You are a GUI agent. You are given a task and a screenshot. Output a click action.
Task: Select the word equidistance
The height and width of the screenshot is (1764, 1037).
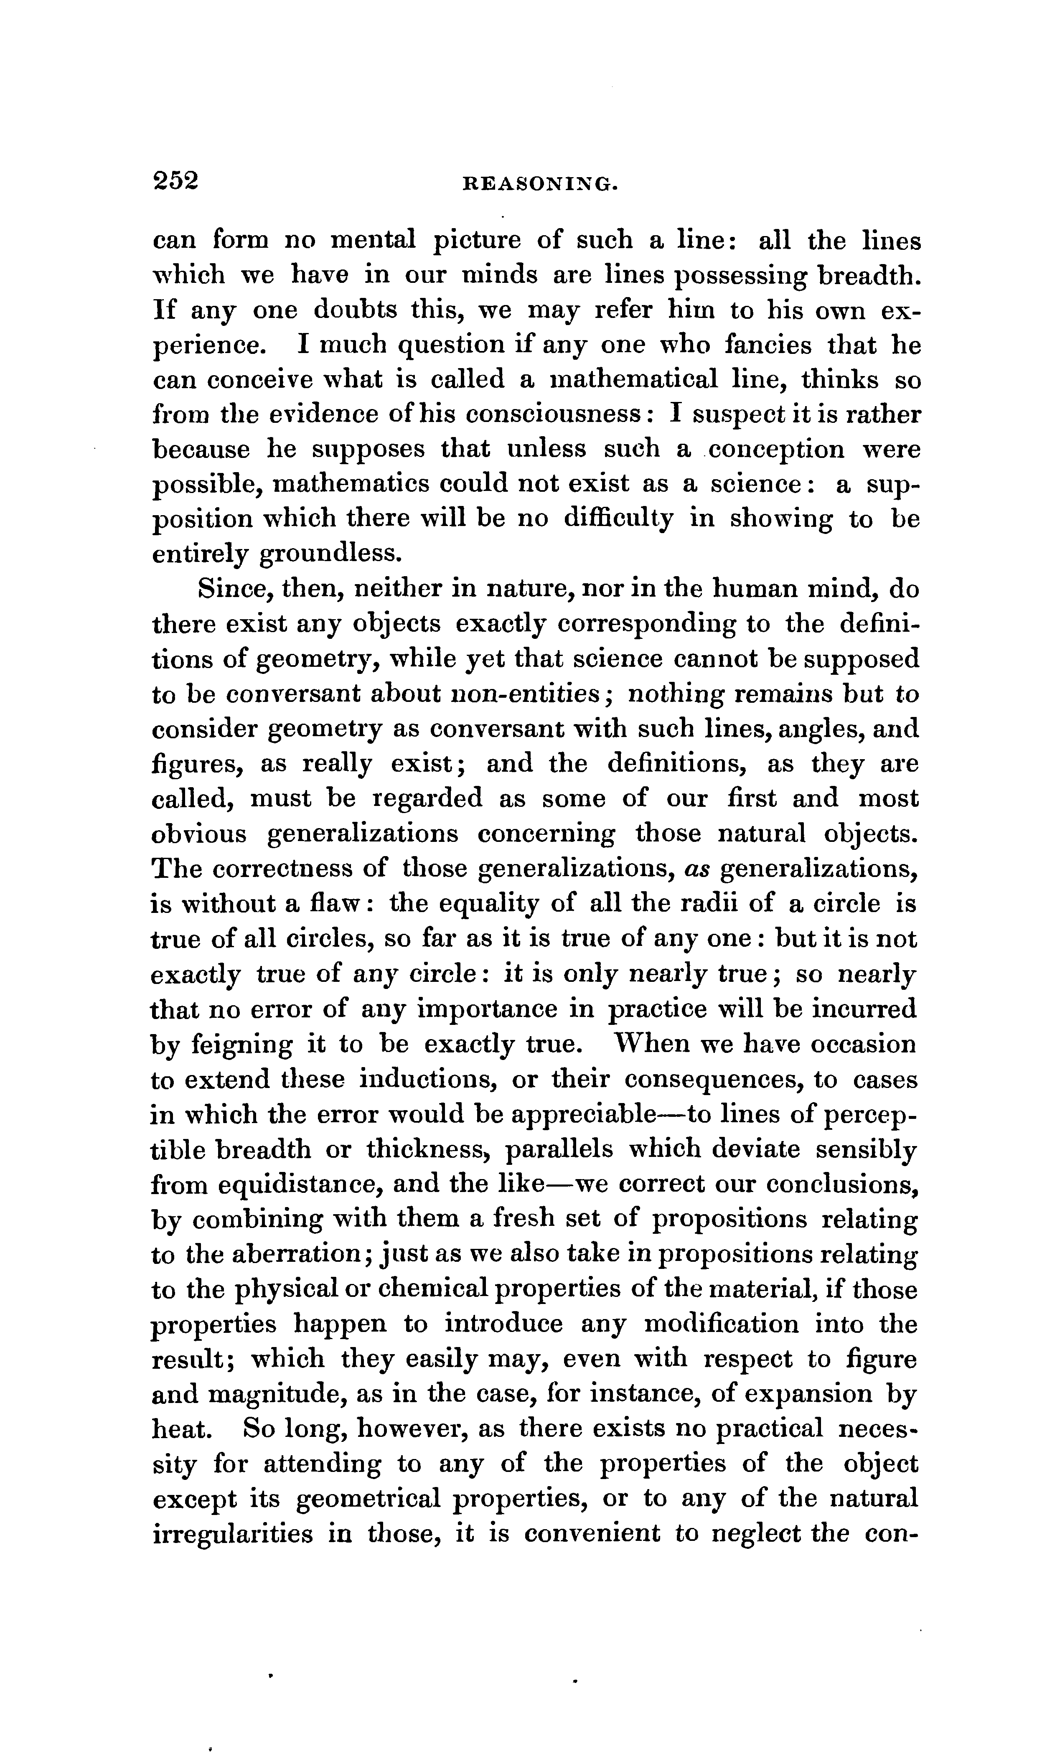pyautogui.click(x=299, y=1184)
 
